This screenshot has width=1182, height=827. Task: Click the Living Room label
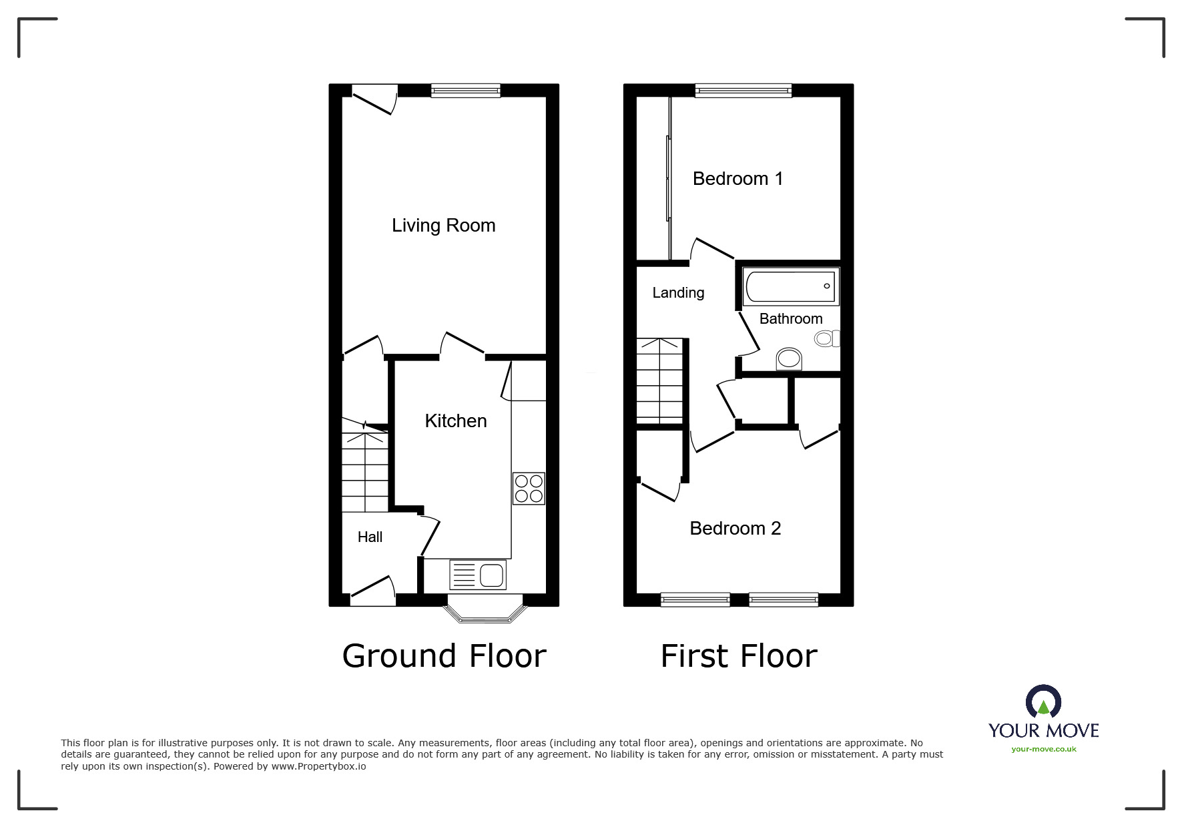pos(443,226)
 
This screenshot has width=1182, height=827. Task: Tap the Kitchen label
pos(456,421)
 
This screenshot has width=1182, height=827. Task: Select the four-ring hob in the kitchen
pos(529,488)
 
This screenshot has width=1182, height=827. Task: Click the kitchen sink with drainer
pos(478,575)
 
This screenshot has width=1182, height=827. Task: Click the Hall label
pos(370,537)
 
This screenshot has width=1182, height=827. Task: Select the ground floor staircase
pos(365,467)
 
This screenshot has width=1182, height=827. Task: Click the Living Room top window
pos(465,91)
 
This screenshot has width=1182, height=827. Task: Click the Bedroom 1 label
pos(737,179)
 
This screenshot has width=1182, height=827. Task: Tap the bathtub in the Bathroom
pos(790,287)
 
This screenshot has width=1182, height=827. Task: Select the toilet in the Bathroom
pos(826,339)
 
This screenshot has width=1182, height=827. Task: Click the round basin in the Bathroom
pos(790,359)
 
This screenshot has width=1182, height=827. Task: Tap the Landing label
pos(678,293)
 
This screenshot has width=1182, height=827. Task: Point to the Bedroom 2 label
pos(735,529)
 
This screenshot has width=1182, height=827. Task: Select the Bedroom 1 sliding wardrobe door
pos(668,178)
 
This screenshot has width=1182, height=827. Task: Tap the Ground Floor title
pos(444,656)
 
